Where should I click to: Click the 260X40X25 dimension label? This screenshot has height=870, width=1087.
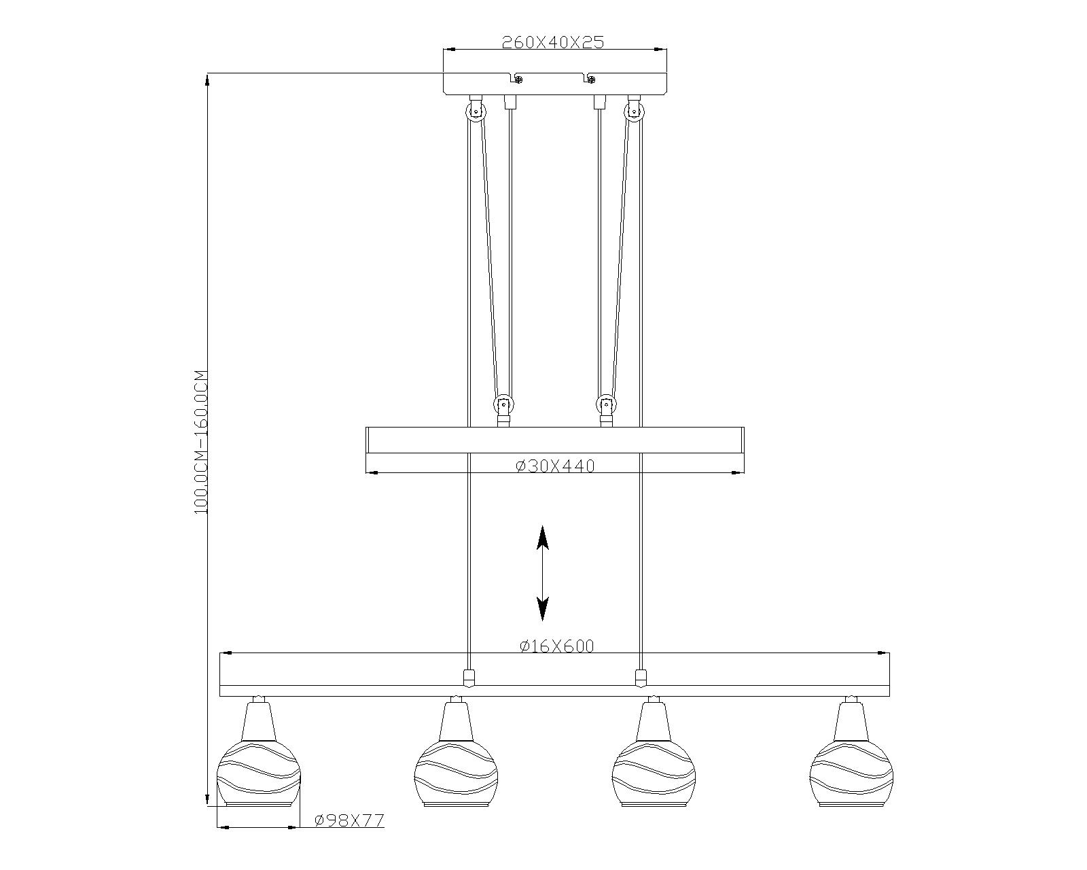click(552, 42)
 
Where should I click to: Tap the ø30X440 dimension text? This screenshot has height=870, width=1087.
click(555, 466)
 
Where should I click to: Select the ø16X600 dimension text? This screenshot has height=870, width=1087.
click(556, 646)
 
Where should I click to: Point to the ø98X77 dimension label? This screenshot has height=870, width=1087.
click(349, 820)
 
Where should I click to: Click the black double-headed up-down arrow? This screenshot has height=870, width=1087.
click(543, 573)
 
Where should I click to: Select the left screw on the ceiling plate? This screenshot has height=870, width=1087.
click(518, 80)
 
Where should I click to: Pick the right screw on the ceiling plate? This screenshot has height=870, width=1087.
click(592, 80)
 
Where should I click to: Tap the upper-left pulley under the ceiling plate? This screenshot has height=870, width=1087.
click(476, 111)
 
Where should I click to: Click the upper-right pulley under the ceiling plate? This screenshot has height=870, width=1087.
click(635, 111)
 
